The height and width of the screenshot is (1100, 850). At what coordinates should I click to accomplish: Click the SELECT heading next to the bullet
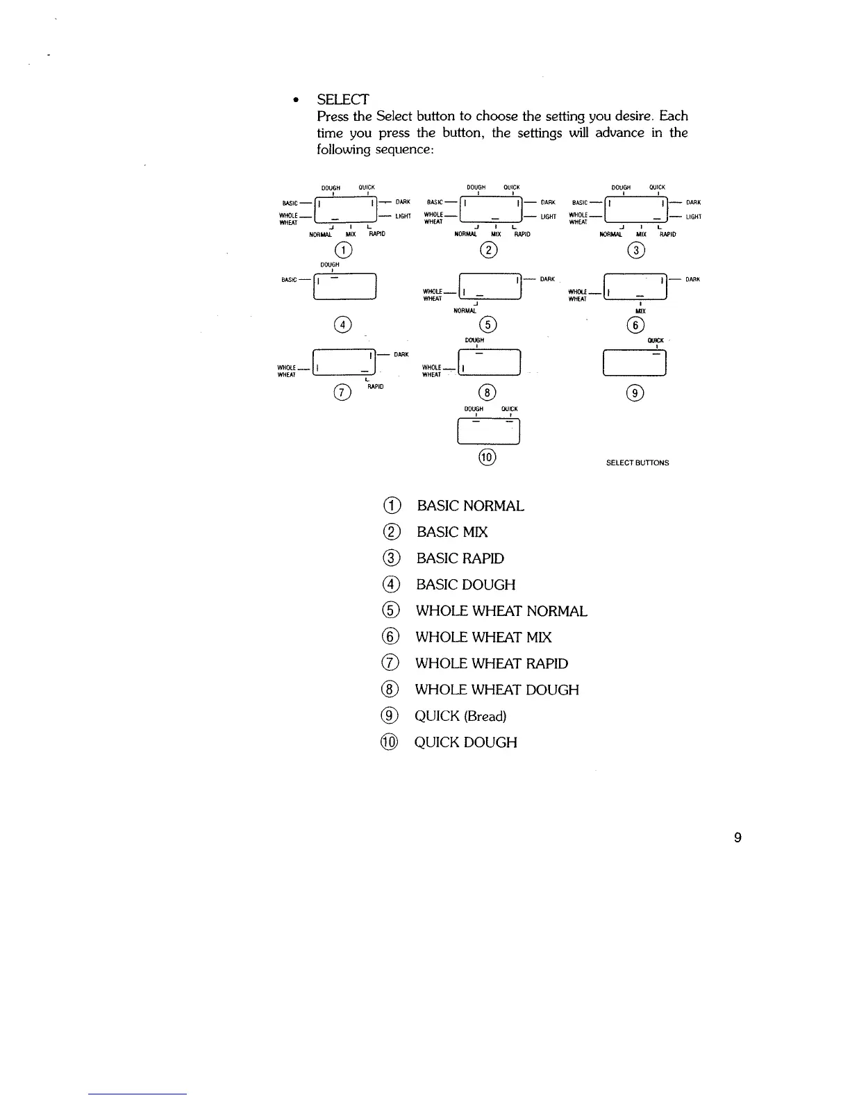click(x=342, y=99)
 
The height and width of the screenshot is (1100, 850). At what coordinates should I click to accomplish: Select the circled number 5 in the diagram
click(x=489, y=324)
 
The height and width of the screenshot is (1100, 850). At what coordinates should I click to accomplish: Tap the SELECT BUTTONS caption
click(x=637, y=462)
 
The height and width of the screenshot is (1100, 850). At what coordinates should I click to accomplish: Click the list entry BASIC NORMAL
click(x=470, y=506)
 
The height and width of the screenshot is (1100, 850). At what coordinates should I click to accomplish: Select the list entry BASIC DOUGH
click(x=465, y=585)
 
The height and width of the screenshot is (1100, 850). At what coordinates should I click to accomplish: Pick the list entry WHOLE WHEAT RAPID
click(x=491, y=663)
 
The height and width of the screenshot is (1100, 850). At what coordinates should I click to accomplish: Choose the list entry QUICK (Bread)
click(x=460, y=716)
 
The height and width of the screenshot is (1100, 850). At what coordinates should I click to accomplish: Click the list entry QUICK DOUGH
click(x=465, y=742)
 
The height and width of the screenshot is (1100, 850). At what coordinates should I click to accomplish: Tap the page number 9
click(x=737, y=837)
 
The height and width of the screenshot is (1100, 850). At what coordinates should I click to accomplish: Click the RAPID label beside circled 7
click(x=375, y=386)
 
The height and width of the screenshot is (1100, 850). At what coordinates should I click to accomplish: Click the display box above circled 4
click(x=345, y=287)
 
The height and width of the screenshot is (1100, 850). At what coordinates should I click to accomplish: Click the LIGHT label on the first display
click(x=403, y=216)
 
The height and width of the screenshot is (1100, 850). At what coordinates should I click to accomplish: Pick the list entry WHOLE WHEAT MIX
click(x=483, y=637)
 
